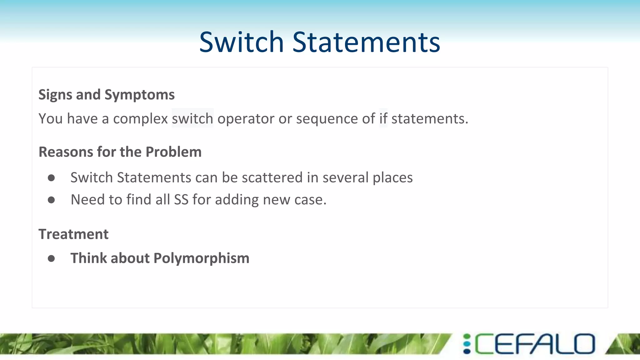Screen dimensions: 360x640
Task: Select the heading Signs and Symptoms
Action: [x=106, y=94]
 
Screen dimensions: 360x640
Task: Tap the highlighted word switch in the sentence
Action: [x=192, y=118]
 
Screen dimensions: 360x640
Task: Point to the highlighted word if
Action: [x=383, y=118]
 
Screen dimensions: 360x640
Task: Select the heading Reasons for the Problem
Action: [x=120, y=152]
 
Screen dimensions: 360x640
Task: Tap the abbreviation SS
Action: [x=181, y=200]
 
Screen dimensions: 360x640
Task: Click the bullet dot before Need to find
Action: [x=51, y=200]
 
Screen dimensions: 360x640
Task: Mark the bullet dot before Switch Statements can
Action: [x=51, y=178]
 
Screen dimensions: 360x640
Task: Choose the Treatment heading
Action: [x=73, y=234]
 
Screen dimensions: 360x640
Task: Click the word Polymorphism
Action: [x=202, y=258]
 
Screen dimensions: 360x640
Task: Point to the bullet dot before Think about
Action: [x=51, y=258]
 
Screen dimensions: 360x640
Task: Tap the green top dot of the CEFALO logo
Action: [x=467, y=337]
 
